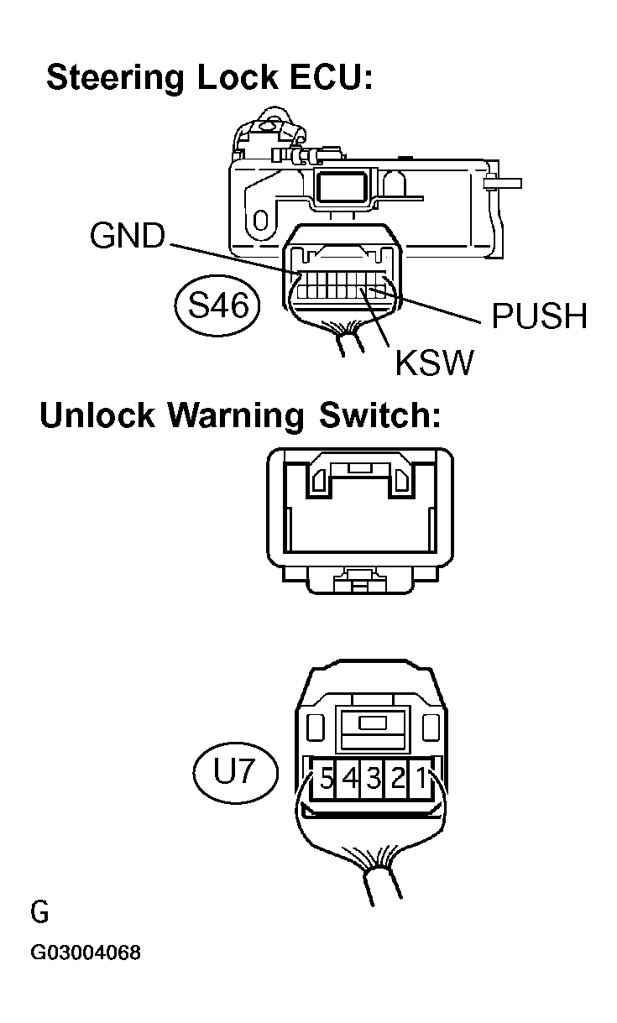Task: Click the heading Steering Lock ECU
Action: click(209, 77)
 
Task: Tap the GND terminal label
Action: click(128, 237)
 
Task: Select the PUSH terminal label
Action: click(538, 316)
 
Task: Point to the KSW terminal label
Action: click(434, 363)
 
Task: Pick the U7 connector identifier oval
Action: click(234, 771)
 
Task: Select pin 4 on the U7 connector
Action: click(351, 780)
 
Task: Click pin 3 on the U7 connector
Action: click(374, 780)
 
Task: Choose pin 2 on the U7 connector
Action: click(398, 780)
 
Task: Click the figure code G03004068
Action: click(86, 953)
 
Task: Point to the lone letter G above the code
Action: click(39, 911)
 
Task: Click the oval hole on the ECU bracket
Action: click(260, 221)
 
